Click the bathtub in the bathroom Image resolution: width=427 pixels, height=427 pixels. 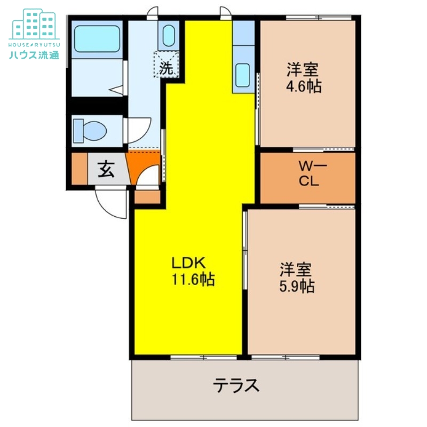pos(96,37)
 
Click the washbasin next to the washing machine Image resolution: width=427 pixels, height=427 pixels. pos(169,36)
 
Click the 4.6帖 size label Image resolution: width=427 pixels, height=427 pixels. pos(303,86)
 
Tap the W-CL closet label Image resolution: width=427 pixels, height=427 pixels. pos(309,174)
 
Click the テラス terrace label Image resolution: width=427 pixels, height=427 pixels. pos(236,385)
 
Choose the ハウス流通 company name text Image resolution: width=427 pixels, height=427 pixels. pos(34,54)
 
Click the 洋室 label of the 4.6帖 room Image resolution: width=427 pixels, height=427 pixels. pos(303,70)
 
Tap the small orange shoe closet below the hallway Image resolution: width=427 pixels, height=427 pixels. pos(147,197)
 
